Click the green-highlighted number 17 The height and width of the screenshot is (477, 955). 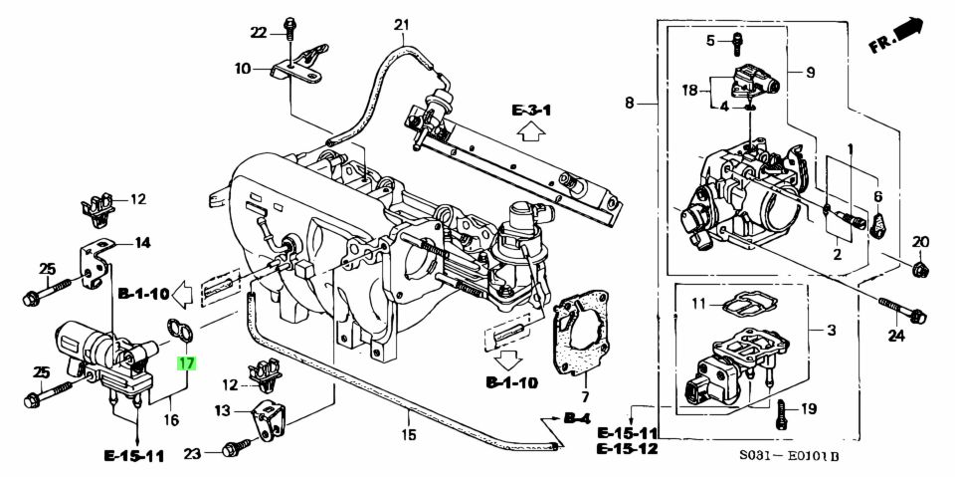coord(186,363)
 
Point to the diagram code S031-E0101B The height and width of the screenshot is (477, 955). coord(789,457)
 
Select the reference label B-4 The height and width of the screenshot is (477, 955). coord(575,418)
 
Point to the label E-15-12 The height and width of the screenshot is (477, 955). coord(628,450)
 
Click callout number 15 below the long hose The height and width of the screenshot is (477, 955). coord(407,434)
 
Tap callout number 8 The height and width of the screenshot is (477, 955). coord(629,103)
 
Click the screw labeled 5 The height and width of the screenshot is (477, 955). coord(736,42)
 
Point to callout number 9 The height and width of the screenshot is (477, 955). coord(809,73)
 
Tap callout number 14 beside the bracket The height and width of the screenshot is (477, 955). coord(142,242)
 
